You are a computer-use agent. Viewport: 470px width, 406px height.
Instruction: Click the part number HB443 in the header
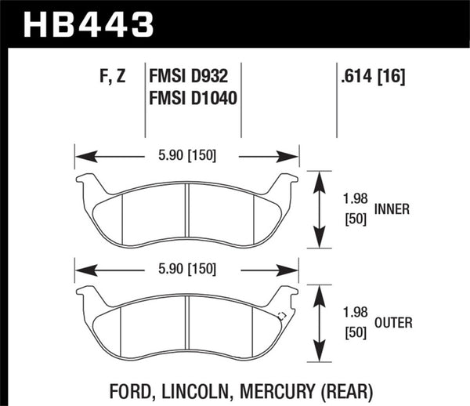click(x=88, y=23)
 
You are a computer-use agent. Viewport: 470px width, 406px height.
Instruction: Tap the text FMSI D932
click(x=192, y=77)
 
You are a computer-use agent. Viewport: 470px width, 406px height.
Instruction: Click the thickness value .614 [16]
click(x=372, y=77)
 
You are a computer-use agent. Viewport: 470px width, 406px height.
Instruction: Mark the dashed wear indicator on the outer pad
click(x=282, y=317)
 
